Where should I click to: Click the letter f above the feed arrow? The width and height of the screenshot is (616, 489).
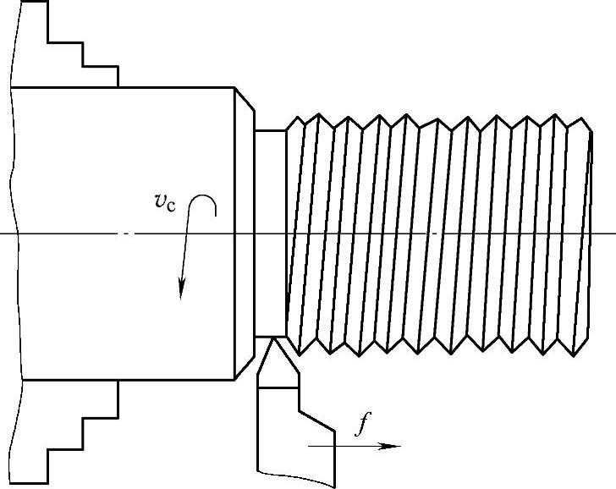(x=363, y=426)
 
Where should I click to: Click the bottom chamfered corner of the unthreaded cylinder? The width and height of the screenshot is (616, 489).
(x=244, y=368)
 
